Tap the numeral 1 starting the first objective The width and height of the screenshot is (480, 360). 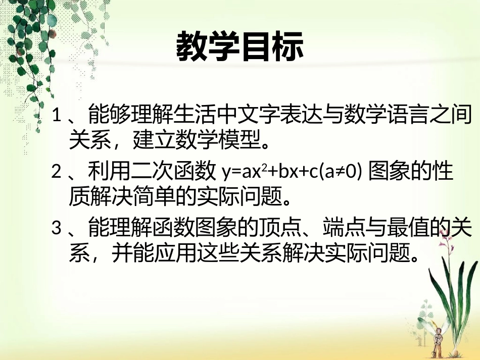coord(57,117)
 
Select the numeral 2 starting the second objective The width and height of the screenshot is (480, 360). coord(57,173)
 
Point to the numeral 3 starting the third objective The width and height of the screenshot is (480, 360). coord(57,229)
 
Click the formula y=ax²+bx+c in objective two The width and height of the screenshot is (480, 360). coord(267,173)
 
